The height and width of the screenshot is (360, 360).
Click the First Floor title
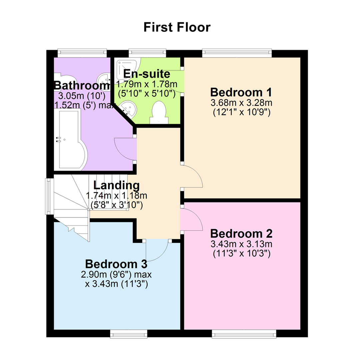click(x=177, y=27)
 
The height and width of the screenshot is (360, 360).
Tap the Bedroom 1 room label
click(x=241, y=92)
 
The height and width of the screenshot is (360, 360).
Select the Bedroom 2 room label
click(x=241, y=234)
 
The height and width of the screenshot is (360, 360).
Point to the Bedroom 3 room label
click(x=116, y=264)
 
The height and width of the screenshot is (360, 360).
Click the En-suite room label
click(x=147, y=74)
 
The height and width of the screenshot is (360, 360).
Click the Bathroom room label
click(x=82, y=85)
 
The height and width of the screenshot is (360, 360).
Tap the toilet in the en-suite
click(x=159, y=113)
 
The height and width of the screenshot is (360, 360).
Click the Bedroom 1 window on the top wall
click(x=237, y=53)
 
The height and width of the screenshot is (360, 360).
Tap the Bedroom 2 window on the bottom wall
click(x=244, y=334)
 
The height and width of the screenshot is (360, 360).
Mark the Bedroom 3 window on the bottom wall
click(x=129, y=334)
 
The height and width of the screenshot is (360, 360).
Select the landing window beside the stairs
click(x=49, y=196)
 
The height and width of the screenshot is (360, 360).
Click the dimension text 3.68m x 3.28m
click(x=241, y=103)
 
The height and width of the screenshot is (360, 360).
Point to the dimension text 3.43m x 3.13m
click(x=241, y=244)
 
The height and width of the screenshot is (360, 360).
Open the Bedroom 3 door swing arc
click(x=162, y=256)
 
